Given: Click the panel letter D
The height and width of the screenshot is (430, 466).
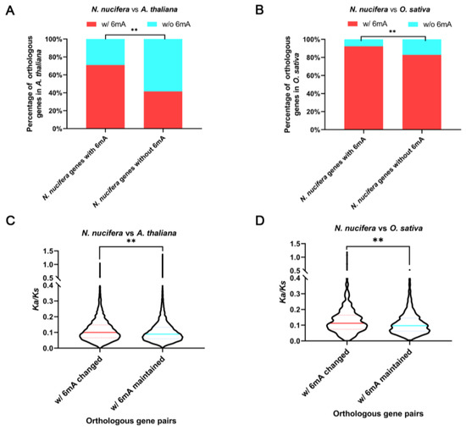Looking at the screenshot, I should [247, 223].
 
